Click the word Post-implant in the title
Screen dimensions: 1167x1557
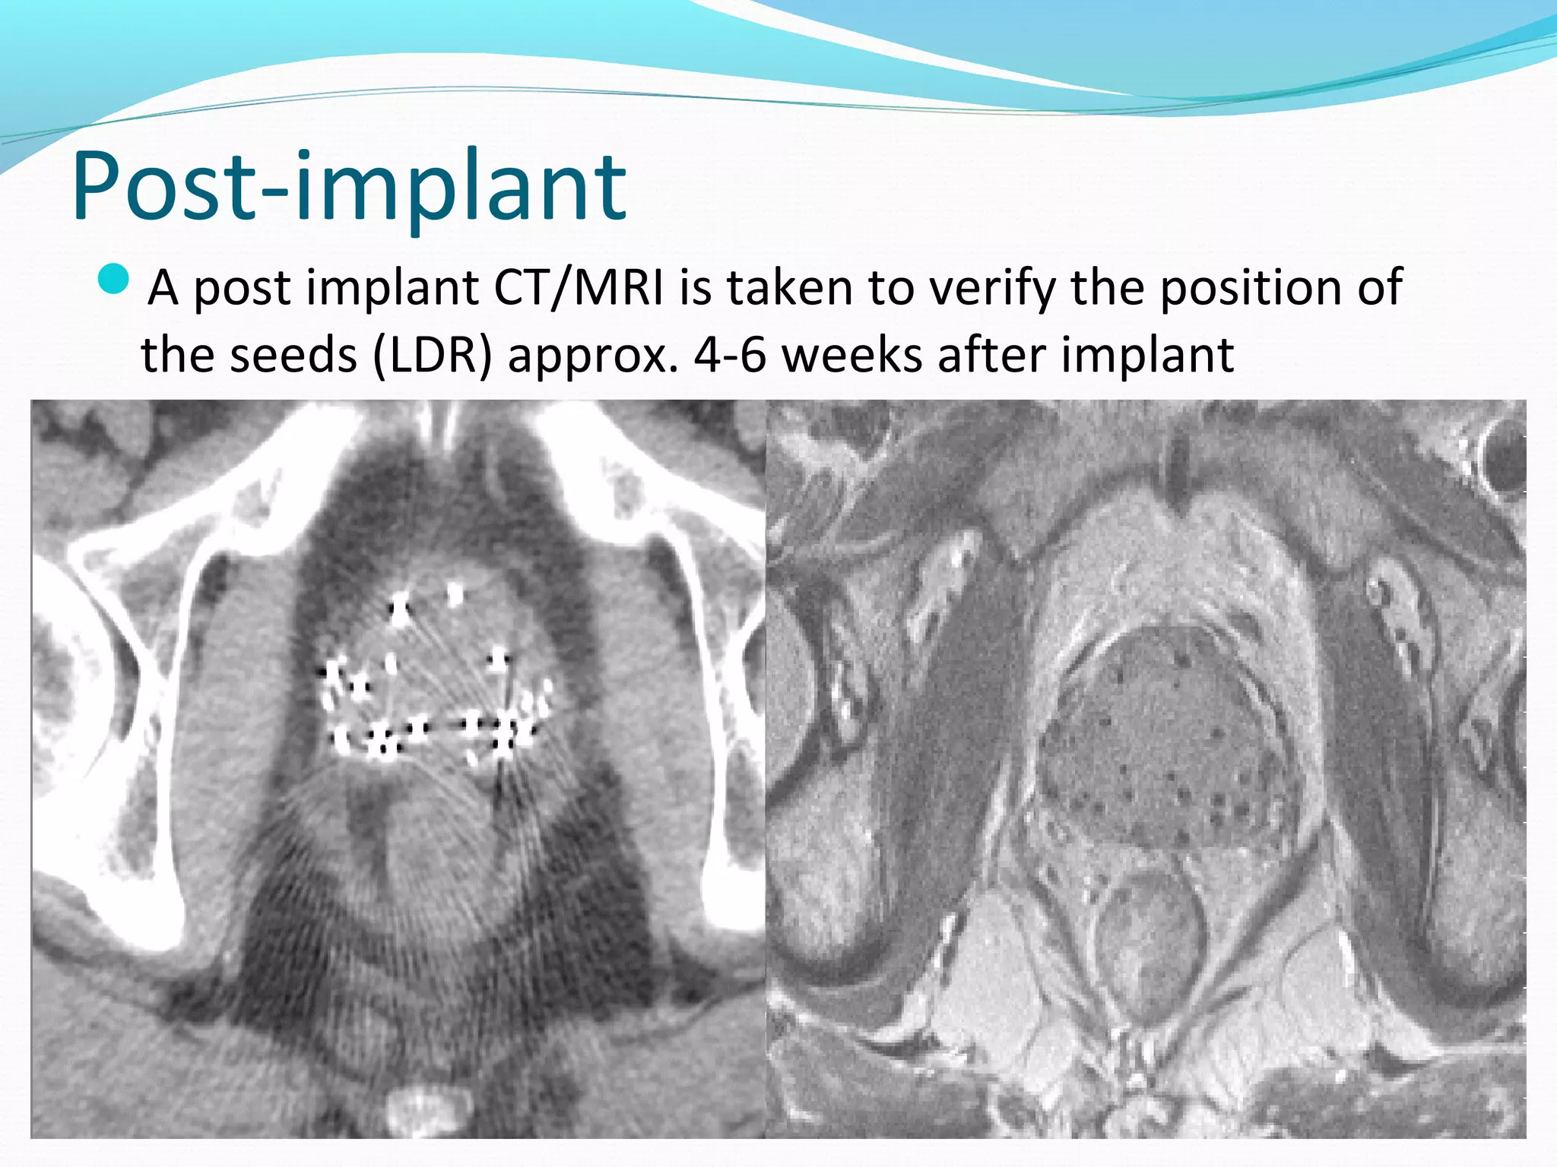point(350,186)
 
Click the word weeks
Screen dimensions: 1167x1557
point(851,355)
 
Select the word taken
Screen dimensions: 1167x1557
point(791,289)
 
